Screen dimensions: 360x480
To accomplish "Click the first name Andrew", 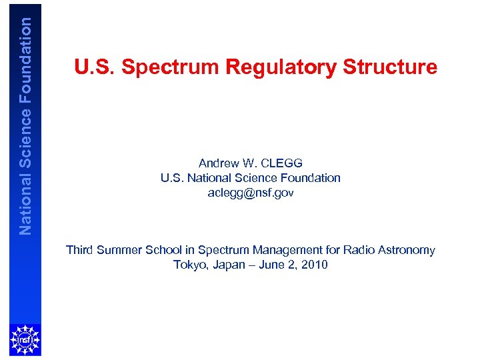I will [x=217, y=163].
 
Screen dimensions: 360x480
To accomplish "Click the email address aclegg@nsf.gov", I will [x=250, y=193].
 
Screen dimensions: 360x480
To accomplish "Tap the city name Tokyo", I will [x=189, y=265].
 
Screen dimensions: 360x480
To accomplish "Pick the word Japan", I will [x=227, y=265].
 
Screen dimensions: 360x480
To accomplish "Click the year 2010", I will [x=313, y=265].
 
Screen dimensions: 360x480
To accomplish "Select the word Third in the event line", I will [x=79, y=250].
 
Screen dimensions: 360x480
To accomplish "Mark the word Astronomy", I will [x=406, y=250].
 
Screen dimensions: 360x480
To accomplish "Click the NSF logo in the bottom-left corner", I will [x=25, y=340].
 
